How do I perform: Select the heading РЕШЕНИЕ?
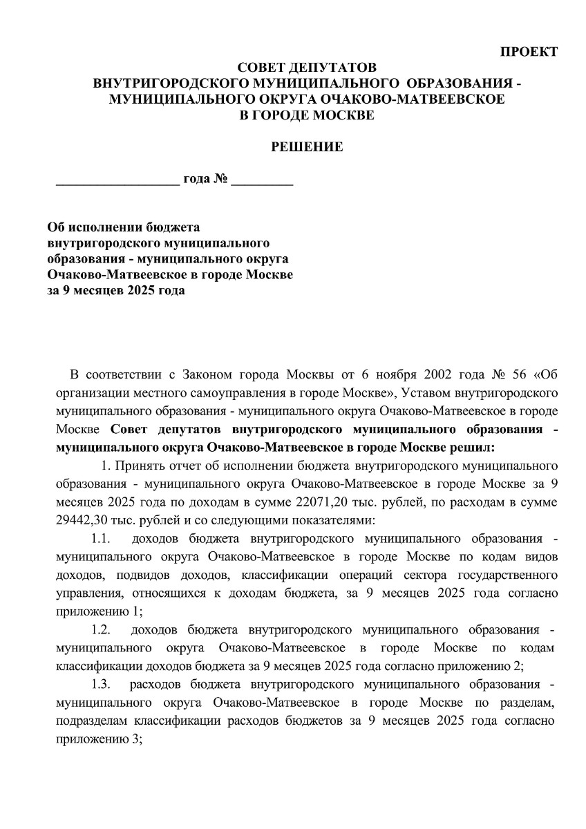[306, 146]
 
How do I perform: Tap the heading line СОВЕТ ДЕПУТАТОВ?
[307, 68]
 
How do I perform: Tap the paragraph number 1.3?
[101, 684]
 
